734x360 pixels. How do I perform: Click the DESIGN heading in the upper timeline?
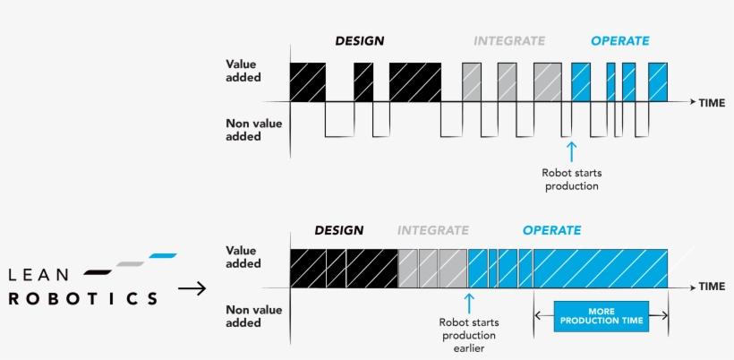click(x=359, y=40)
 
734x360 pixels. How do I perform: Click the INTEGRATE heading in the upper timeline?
click(x=508, y=40)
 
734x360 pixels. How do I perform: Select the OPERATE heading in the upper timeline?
click(x=619, y=40)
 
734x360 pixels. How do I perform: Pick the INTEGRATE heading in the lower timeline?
click(x=432, y=230)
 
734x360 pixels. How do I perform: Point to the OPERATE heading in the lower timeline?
click(x=551, y=230)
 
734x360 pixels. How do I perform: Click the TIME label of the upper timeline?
click(x=712, y=103)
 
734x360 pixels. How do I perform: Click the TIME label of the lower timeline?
click(x=712, y=287)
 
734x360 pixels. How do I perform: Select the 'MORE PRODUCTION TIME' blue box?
click(x=600, y=314)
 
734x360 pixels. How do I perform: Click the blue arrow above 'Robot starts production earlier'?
click(x=466, y=301)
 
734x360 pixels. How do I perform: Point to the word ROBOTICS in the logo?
click(x=82, y=298)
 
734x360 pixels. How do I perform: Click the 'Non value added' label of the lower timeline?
click(x=243, y=317)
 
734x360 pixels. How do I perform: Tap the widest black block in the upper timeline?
click(x=414, y=81)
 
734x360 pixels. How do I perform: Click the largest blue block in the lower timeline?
click(x=600, y=268)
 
